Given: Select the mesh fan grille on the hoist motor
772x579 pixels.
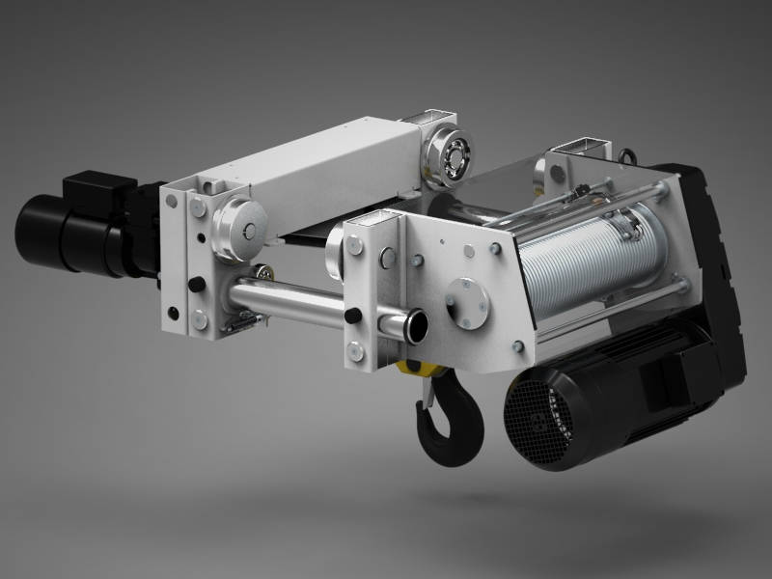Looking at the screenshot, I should (530, 421).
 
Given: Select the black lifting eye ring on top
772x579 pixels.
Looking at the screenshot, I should (628, 153).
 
